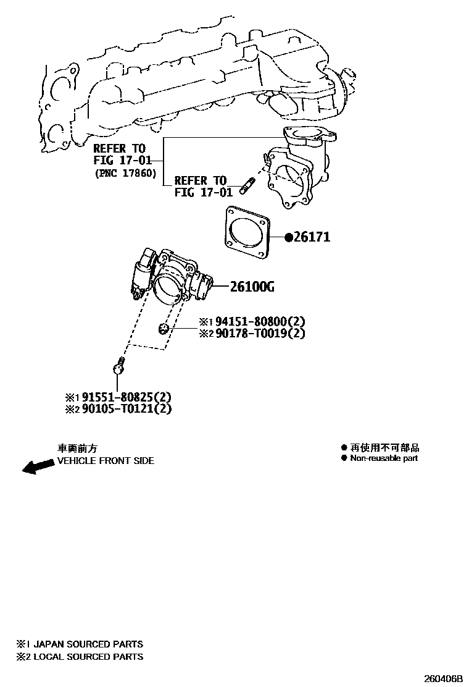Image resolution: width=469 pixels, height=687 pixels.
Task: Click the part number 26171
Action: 312,237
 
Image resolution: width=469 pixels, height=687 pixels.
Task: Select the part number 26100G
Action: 252,287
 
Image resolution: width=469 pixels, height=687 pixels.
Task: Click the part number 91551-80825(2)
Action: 127,397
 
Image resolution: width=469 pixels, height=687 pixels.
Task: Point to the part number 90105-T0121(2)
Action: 127,409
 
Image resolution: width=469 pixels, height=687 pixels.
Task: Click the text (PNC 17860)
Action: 125,173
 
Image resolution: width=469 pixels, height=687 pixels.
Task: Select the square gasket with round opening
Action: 247,233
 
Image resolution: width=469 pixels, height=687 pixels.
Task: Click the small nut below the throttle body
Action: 163,327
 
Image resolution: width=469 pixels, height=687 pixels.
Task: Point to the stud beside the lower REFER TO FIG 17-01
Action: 247,185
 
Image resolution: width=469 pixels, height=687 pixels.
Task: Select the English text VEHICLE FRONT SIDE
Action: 106,461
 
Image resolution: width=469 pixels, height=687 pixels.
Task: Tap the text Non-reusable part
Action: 384,458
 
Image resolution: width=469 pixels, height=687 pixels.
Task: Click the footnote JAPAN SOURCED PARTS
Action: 88,644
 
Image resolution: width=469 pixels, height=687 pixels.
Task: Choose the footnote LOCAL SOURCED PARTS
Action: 88,657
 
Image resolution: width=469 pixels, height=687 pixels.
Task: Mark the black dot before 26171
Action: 288,237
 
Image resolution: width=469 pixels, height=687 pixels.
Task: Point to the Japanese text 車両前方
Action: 77,448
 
